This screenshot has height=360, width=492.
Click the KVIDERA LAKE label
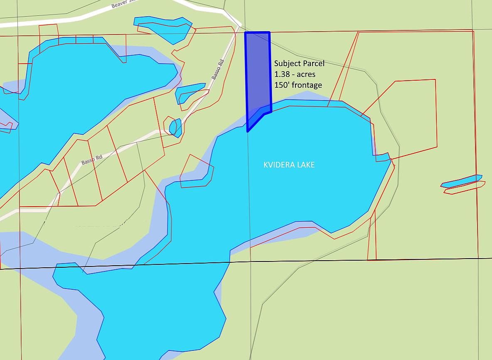pyautogui.click(x=289, y=165)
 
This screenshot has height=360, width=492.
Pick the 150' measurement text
pyautogui.click(x=282, y=85)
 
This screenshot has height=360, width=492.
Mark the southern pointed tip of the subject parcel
pyautogui.click(x=248, y=131)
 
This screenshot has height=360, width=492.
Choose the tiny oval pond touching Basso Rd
pyautogui.click(x=175, y=127)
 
